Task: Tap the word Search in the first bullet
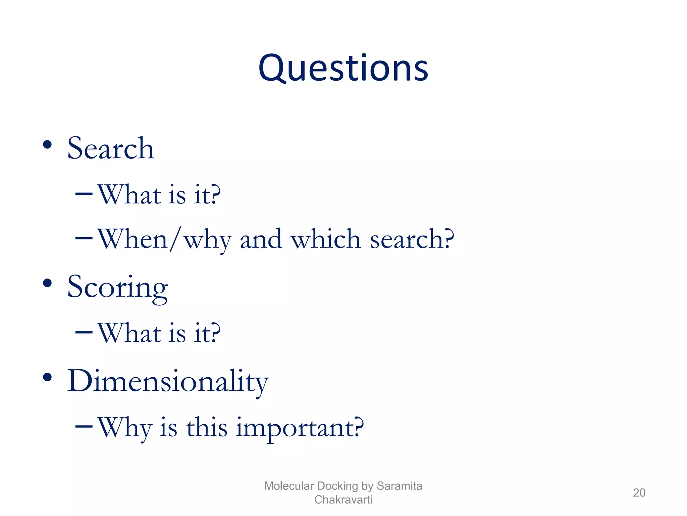(111, 148)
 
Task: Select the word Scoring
(117, 288)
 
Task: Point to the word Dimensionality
(168, 382)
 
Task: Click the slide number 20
(639, 492)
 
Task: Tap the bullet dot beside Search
(47, 145)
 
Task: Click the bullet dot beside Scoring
(47, 283)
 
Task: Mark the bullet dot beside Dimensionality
(47, 377)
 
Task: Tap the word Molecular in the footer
(289, 486)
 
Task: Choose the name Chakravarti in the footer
(343, 500)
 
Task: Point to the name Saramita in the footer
(399, 486)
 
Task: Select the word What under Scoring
(129, 333)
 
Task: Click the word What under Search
(129, 195)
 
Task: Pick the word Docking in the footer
(337, 486)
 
